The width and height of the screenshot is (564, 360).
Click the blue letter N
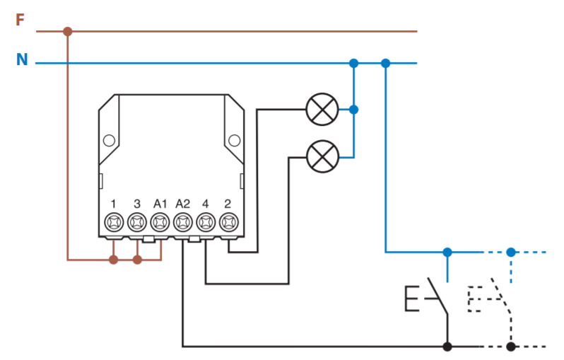[22, 59]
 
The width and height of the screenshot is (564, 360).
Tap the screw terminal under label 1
[114, 223]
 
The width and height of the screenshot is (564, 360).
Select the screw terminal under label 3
[137, 223]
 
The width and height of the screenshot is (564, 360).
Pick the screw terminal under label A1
[160, 223]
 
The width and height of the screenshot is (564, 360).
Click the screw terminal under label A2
[183, 223]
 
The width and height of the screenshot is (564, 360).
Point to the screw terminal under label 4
[206, 223]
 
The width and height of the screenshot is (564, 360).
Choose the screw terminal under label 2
[229, 223]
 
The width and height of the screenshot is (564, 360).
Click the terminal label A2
[183, 204]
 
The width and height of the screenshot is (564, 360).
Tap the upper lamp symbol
[322, 110]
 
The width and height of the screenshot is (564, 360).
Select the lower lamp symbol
[323, 156]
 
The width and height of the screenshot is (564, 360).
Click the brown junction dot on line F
[68, 32]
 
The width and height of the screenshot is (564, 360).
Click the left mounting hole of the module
[109, 141]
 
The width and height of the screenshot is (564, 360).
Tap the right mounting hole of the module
[234, 141]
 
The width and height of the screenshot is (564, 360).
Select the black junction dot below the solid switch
[447, 347]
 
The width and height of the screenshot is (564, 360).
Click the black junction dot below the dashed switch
[511, 347]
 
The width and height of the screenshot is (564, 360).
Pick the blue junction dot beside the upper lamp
[354, 110]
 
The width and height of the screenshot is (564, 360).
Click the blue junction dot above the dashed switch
[511, 252]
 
